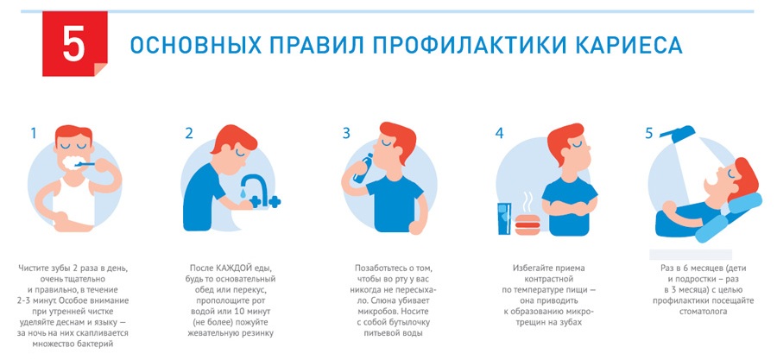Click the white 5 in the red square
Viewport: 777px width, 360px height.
point(74,45)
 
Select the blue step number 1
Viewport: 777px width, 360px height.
point(33,133)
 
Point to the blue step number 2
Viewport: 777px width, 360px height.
point(189,133)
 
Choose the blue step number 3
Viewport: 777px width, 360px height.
point(346,133)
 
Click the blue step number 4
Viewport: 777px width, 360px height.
point(500,133)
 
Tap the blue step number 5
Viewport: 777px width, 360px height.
point(649,133)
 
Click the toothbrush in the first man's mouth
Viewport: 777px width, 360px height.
point(85,162)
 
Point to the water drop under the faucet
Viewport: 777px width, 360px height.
point(243,193)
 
